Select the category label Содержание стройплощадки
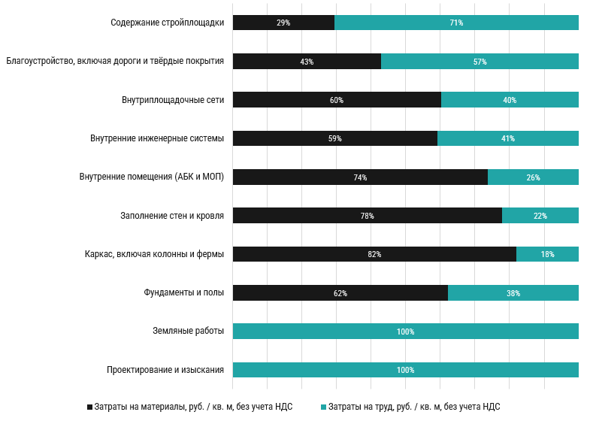click(x=167, y=23)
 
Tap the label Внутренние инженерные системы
click(x=157, y=138)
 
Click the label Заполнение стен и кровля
click(x=172, y=216)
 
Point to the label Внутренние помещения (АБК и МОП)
click(x=151, y=177)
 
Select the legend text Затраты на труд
click(x=414, y=407)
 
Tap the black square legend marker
click(x=90, y=407)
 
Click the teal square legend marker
click(x=324, y=407)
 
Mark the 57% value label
click(x=480, y=62)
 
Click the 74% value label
click(x=360, y=177)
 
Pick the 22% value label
click(x=540, y=216)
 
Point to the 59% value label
click(x=335, y=138)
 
